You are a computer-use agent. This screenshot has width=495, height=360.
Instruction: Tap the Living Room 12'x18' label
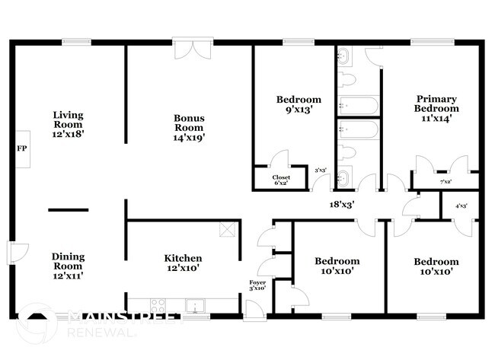coord(68,124)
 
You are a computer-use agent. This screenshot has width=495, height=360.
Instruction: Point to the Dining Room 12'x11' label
coord(68,266)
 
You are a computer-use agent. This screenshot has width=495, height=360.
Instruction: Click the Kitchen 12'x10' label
coord(184,263)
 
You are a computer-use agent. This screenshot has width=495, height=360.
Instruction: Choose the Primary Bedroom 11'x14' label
coord(436,104)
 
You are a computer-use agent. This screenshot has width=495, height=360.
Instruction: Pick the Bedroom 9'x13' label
coord(299,104)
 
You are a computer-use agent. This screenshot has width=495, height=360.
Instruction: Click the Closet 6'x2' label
coord(271,180)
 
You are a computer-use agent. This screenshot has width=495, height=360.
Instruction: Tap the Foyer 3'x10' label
coord(258,285)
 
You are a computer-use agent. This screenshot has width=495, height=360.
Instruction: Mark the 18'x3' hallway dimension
coord(341,203)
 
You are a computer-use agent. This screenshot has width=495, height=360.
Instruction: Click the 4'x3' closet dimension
coord(461,205)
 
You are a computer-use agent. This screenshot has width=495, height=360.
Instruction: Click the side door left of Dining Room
coord(17,251)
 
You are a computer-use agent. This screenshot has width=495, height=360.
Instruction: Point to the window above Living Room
coord(77,42)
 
